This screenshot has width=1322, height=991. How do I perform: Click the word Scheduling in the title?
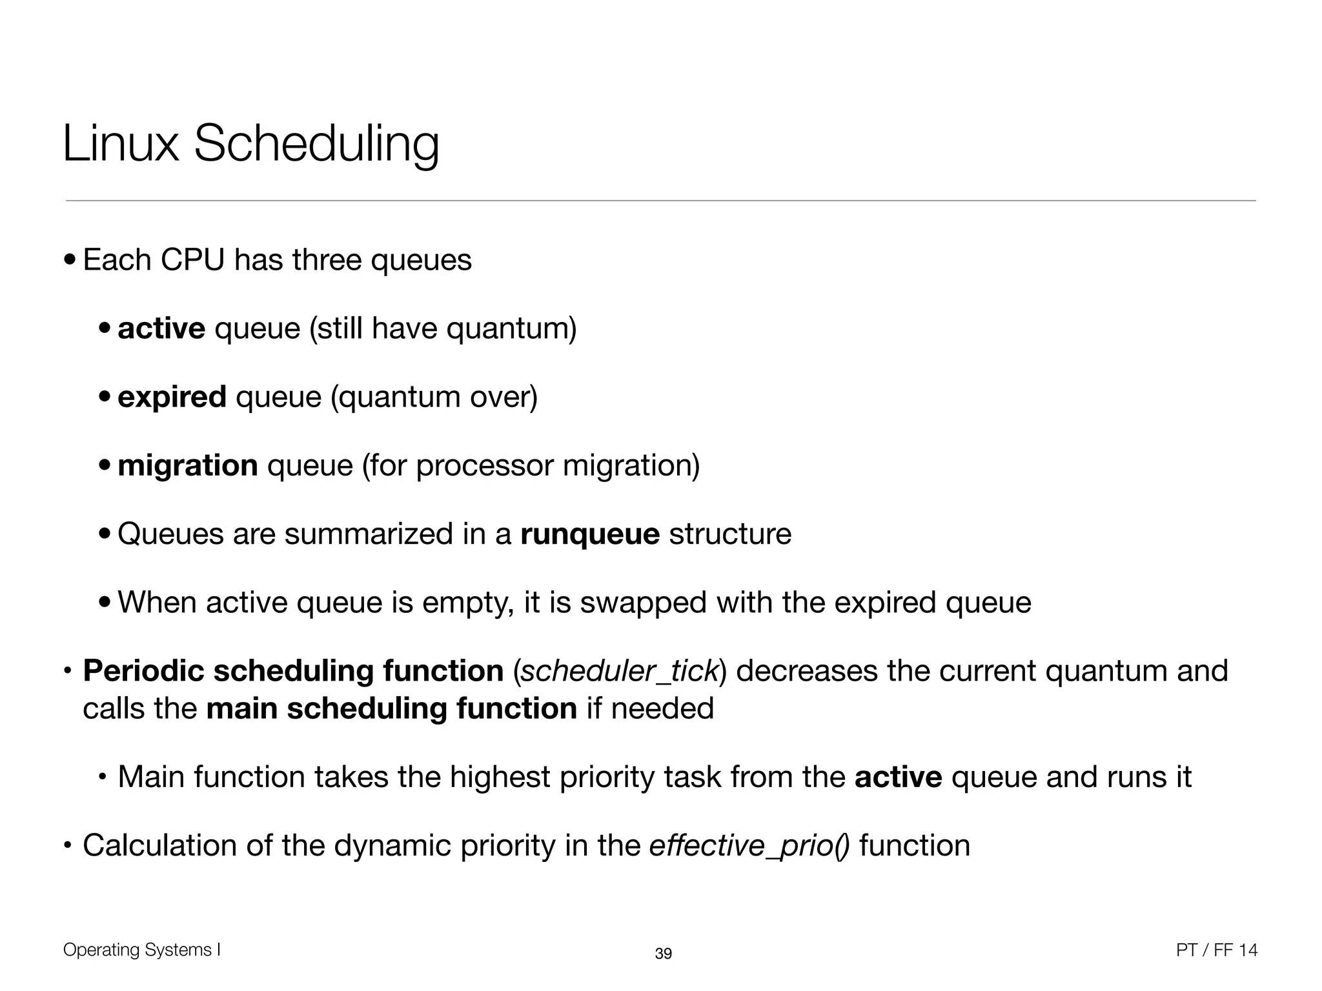tap(316, 144)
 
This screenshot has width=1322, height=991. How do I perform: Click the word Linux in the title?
tap(121, 144)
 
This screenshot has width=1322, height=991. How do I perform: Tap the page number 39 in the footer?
tap(663, 954)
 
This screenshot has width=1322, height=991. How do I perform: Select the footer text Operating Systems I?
tap(142, 950)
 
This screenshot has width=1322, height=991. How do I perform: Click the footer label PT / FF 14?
tap(1217, 950)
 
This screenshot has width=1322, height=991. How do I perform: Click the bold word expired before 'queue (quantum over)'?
tap(172, 397)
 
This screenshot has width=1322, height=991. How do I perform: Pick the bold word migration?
tap(188, 465)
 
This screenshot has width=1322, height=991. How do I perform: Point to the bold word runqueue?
tap(590, 534)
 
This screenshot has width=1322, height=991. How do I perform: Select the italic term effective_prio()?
tap(749, 846)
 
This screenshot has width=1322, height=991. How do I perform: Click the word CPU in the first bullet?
tap(192, 260)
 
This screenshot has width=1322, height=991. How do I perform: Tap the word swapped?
tap(643, 603)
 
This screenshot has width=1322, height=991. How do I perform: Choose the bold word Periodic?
tap(143, 671)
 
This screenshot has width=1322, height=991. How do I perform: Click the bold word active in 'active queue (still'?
tap(161, 328)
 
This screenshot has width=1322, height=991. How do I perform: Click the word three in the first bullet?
tap(327, 260)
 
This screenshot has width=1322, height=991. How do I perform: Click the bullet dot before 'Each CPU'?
tap(70, 261)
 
